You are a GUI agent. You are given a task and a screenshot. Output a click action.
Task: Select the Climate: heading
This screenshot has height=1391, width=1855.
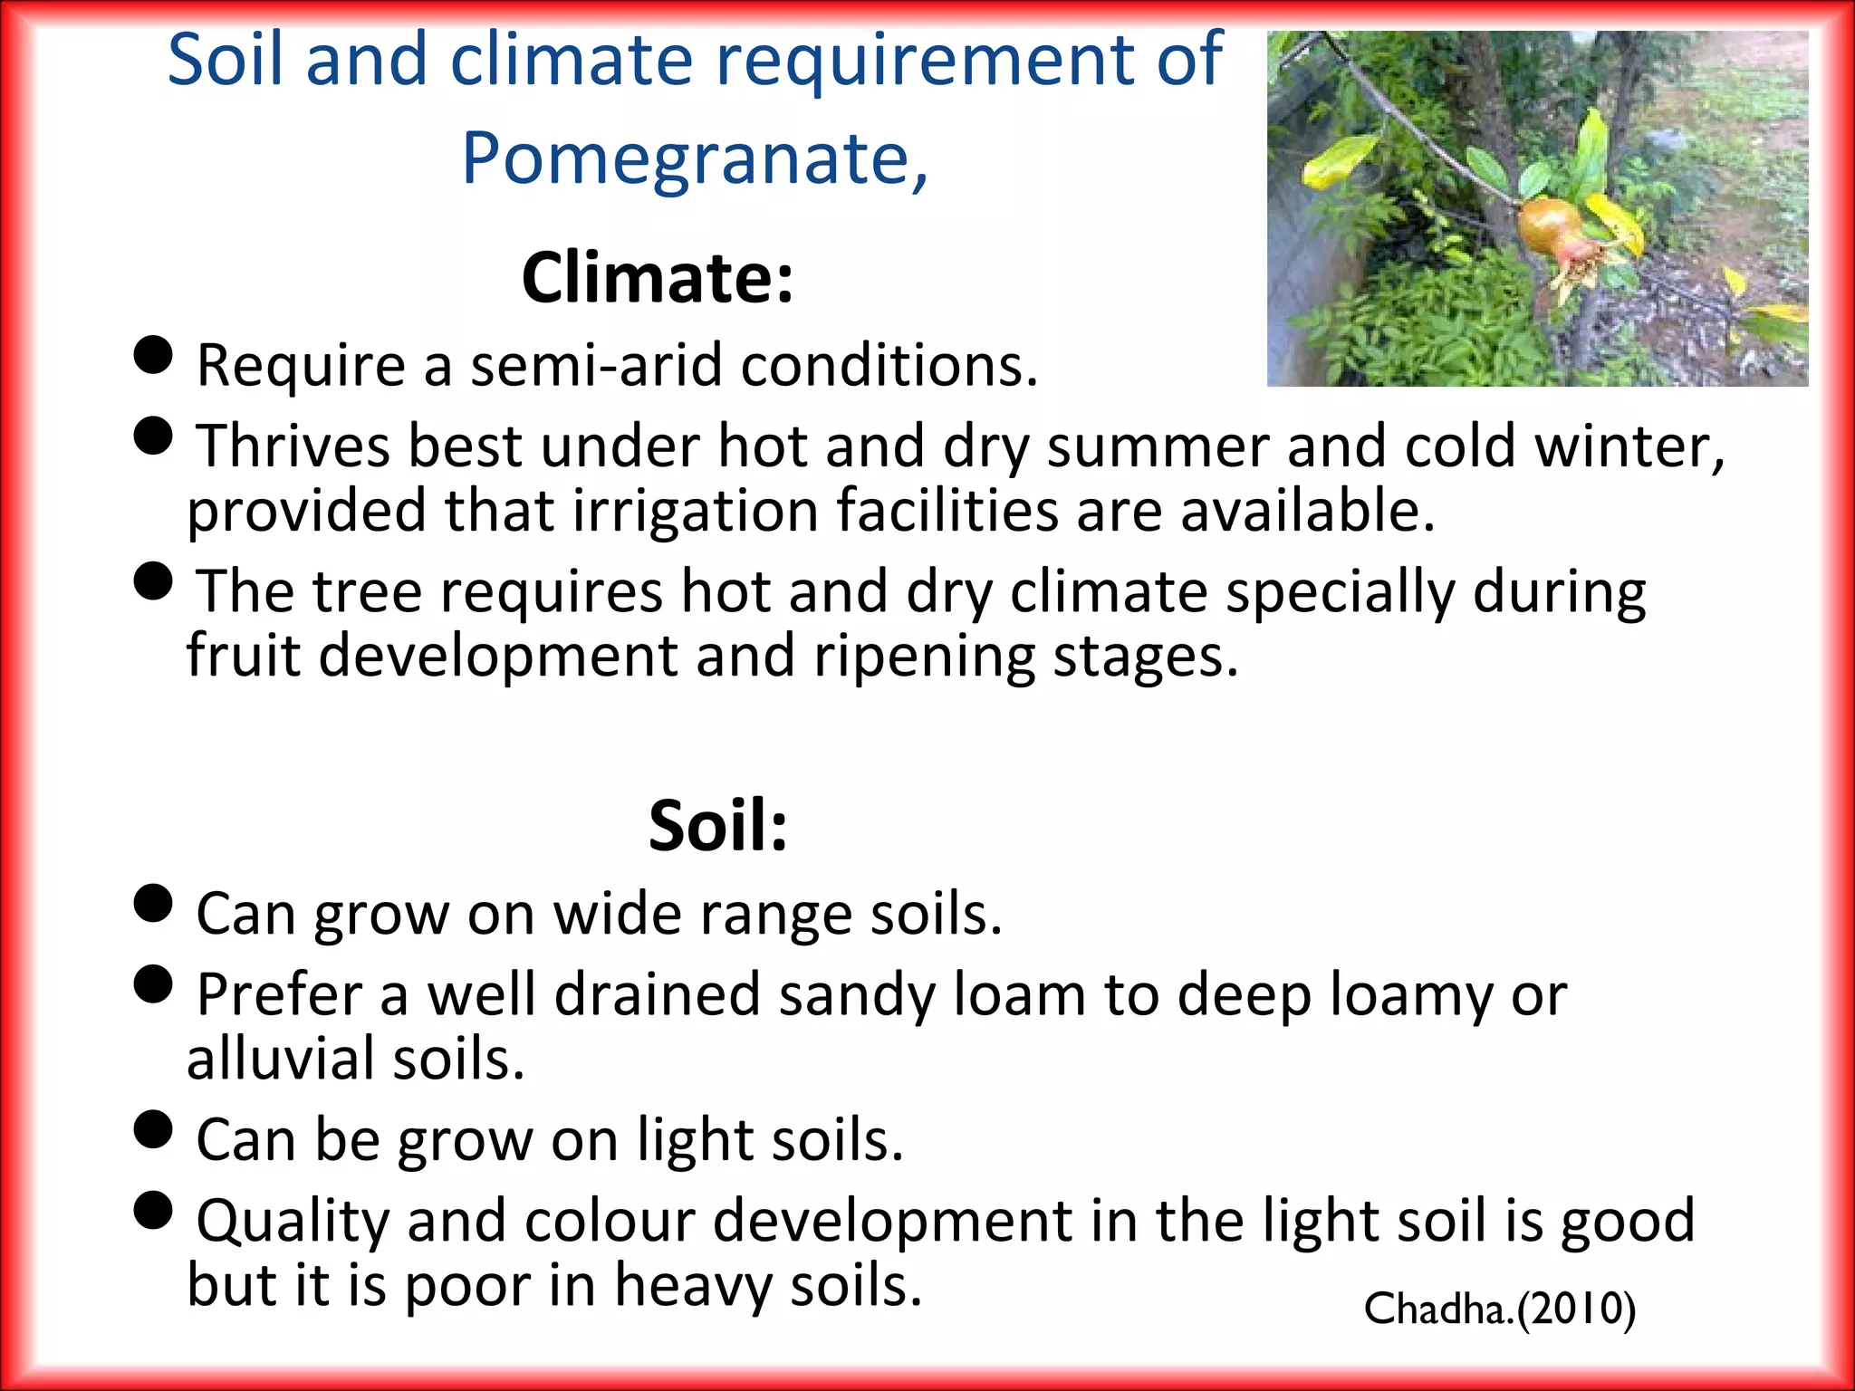[658, 277]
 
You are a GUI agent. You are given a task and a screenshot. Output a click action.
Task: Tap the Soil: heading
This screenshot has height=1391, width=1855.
[717, 825]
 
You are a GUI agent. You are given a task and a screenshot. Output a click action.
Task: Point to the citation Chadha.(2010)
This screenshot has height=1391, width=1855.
[1499, 1309]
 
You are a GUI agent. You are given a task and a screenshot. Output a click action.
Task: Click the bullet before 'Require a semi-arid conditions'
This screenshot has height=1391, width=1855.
[153, 355]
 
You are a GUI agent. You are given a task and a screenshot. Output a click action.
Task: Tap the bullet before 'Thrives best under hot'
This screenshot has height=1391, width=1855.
[153, 436]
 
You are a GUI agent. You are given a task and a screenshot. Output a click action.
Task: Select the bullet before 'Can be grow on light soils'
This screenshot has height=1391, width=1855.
[153, 1129]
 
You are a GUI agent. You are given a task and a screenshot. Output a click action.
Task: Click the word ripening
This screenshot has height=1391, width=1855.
[924, 656]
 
